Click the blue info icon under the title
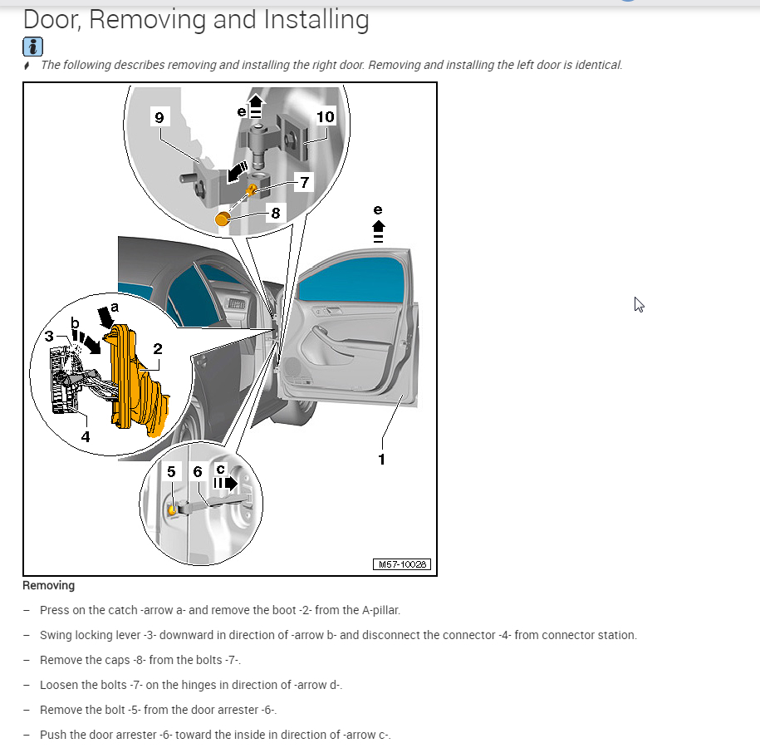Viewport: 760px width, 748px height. click(32, 47)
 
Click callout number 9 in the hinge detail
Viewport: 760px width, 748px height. click(159, 117)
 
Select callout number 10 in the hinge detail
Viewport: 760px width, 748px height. click(325, 116)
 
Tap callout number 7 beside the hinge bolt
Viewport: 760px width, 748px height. click(305, 183)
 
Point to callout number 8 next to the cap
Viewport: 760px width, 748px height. click(276, 214)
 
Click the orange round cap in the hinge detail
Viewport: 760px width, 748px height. click(223, 219)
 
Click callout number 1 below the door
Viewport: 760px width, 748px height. click(381, 459)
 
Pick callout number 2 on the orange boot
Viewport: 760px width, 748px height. click(157, 350)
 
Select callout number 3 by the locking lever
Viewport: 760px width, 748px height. click(50, 337)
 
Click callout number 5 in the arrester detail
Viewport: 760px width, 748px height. click(171, 472)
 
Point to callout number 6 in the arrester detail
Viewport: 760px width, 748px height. click(197, 472)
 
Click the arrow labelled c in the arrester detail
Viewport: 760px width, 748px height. click(226, 482)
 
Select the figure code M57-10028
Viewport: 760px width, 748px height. click(403, 564)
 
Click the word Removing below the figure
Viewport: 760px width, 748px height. click(48, 585)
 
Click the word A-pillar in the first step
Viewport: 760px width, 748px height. click(380, 610)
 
